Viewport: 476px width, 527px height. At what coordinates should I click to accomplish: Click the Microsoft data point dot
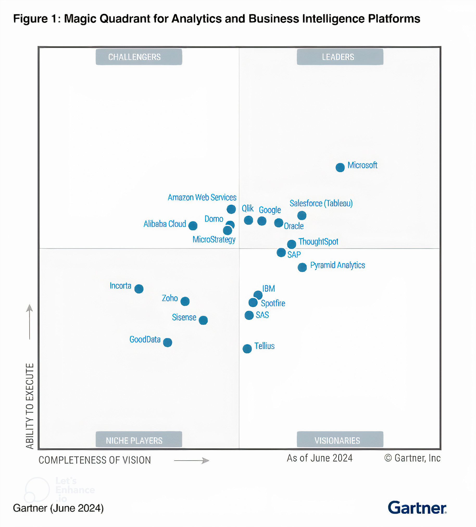click(x=340, y=167)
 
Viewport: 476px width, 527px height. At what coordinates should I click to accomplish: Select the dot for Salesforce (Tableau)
click(x=302, y=215)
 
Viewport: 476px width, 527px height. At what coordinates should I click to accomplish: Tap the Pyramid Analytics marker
click(x=302, y=267)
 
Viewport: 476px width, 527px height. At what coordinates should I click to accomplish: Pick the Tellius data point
click(x=247, y=349)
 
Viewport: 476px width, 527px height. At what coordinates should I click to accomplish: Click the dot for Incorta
click(x=139, y=289)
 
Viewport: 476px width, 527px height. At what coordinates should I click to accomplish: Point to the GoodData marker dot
click(x=167, y=342)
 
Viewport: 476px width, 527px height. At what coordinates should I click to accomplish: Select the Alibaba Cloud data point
click(x=193, y=226)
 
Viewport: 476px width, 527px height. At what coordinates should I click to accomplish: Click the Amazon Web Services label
click(x=202, y=197)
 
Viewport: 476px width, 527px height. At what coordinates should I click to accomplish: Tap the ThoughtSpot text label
click(x=318, y=241)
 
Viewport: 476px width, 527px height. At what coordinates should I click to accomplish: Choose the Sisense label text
click(x=184, y=317)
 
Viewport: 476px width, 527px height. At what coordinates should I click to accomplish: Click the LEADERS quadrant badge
click(x=340, y=57)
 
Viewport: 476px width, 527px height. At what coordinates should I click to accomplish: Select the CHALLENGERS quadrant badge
click(x=139, y=57)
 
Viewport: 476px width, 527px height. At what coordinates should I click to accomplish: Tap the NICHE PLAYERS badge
click(x=139, y=440)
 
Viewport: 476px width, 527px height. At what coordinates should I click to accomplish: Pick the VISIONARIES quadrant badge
click(x=340, y=440)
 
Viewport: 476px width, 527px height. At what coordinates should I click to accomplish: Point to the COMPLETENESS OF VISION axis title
click(x=95, y=460)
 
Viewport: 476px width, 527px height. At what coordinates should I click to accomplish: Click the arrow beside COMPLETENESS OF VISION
click(x=191, y=460)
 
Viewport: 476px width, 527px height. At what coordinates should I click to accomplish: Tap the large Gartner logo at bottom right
click(x=417, y=508)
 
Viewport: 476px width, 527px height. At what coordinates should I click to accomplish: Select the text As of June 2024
click(x=319, y=458)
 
